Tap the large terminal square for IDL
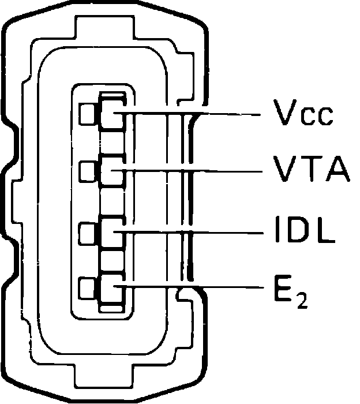pos(112,231)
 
